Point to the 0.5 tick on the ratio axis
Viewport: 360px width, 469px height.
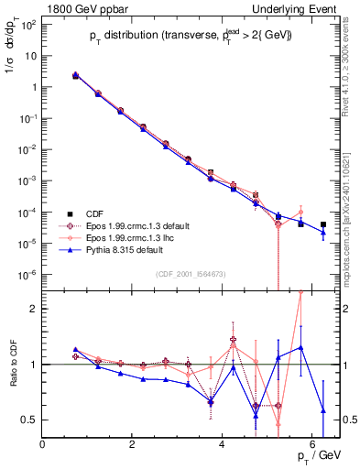tap(30, 420)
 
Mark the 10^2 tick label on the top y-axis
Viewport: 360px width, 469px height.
tap(29, 25)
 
